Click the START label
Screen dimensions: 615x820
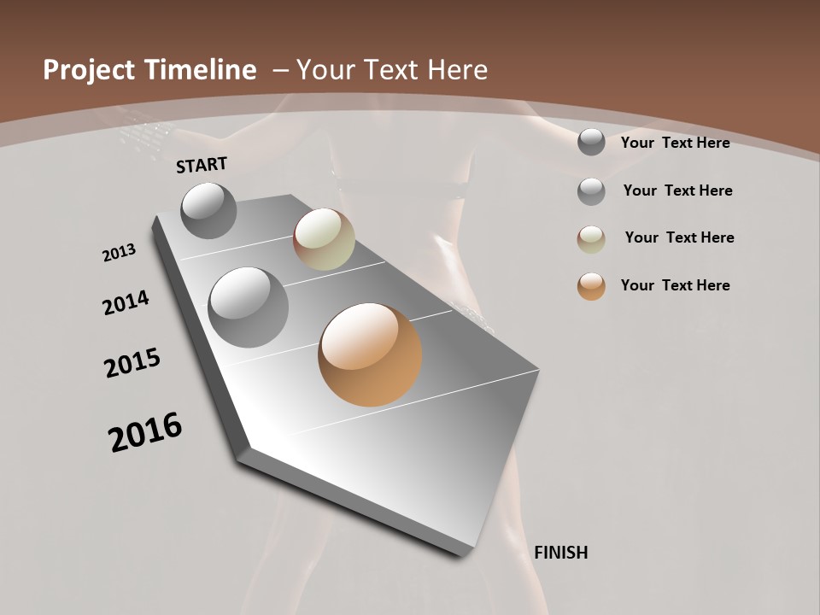coord(202,165)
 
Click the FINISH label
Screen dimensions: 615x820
coord(560,553)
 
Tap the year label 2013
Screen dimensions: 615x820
coord(119,253)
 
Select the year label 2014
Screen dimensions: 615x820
coord(126,302)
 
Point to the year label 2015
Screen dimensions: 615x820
coord(132,362)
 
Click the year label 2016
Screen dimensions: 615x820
coord(145,432)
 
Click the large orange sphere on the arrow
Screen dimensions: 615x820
coord(370,354)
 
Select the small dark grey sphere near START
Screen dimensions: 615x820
coord(208,210)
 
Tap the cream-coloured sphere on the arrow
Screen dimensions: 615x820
coord(324,239)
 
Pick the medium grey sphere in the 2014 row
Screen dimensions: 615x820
coord(249,307)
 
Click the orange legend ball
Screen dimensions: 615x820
coord(591,286)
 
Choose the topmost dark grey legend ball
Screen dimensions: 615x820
coord(591,142)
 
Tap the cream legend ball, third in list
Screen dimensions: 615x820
coord(591,239)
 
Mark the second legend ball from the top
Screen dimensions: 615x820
coord(591,191)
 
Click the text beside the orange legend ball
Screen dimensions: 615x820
coord(675,285)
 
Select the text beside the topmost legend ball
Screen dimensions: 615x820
coord(675,143)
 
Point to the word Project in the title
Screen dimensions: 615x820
coord(86,70)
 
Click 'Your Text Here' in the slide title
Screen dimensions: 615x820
coord(391,70)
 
